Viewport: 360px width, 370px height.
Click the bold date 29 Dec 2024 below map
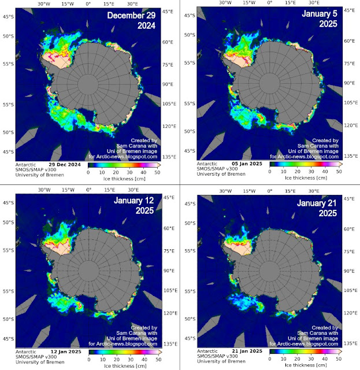point(65,165)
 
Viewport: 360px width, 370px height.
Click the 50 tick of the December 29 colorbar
point(157,173)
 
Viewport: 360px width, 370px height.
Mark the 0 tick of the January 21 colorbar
point(270,360)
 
